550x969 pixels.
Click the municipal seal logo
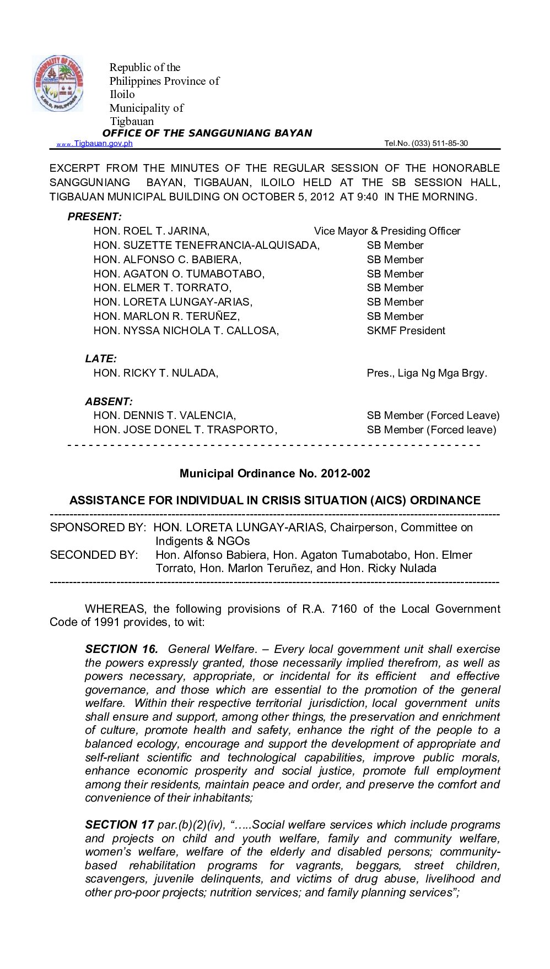coord(57,84)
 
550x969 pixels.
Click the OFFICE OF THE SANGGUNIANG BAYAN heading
coord(207,133)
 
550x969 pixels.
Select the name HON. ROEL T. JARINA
coord(151,231)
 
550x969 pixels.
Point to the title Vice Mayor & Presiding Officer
coord(387,231)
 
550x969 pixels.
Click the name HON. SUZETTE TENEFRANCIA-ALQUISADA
coord(206,246)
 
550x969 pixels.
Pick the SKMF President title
coord(406,331)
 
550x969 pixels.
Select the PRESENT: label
coord(94,217)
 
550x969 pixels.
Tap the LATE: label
coord(101,359)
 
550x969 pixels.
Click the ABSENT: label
coord(109,402)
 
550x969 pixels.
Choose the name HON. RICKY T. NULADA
coord(155,373)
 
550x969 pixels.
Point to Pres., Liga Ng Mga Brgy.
coord(427,373)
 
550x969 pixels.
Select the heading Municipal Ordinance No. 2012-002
coord(274,473)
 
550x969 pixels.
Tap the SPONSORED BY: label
coord(98,527)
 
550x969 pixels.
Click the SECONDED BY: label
coord(94,555)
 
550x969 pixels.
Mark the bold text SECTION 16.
coord(121,649)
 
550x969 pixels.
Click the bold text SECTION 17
coord(119,825)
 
